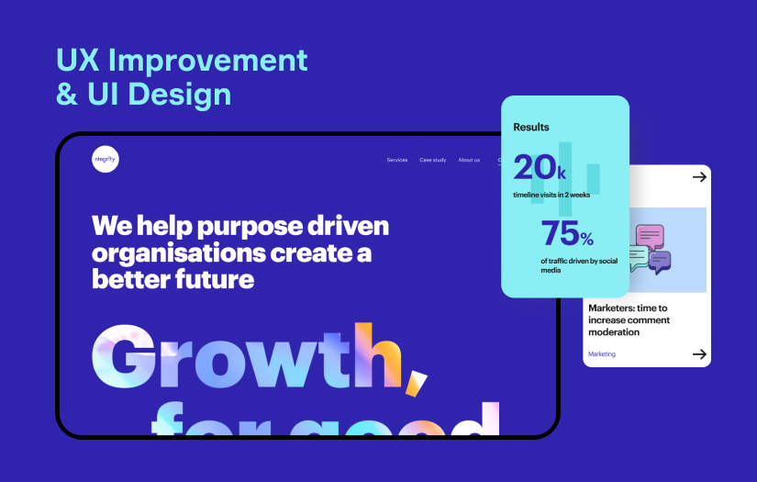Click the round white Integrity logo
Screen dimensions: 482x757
(106, 159)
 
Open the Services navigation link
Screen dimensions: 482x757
(397, 160)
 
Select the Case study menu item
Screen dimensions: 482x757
(433, 160)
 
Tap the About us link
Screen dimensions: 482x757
(469, 160)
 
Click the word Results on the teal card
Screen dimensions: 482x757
(531, 128)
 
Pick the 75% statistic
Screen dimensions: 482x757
(567, 234)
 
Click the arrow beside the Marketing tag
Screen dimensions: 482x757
(699, 353)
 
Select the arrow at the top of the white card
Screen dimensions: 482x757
(699, 177)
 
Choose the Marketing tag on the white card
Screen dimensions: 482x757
(602, 353)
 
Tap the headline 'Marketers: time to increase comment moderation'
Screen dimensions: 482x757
(629, 320)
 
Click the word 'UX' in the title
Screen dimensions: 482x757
(78, 61)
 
